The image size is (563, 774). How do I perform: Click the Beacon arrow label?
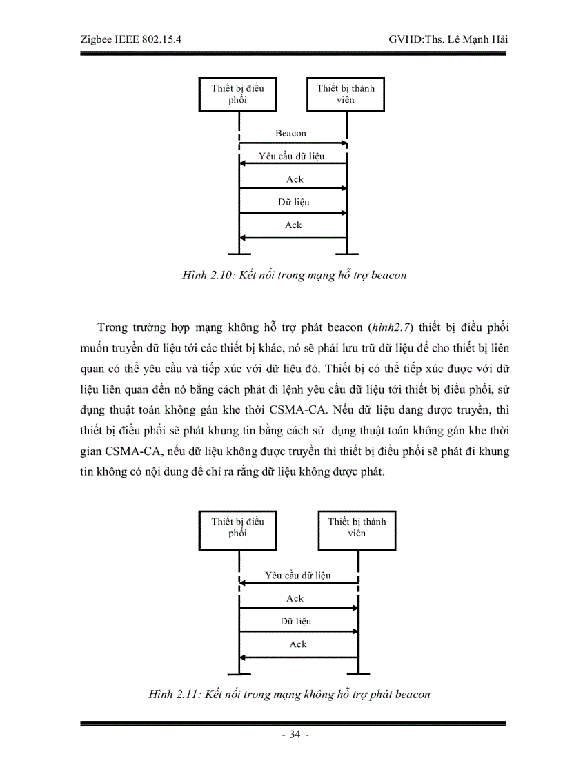click(x=290, y=133)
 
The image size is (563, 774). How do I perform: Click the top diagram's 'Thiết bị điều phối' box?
click(x=237, y=94)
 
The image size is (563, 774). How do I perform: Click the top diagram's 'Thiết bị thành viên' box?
click(x=346, y=94)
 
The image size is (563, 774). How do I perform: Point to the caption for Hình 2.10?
click(x=293, y=276)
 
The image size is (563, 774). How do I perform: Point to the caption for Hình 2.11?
click(x=289, y=694)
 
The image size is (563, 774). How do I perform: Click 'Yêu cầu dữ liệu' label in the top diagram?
click(x=292, y=156)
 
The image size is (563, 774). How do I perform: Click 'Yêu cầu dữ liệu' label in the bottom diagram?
click(x=298, y=575)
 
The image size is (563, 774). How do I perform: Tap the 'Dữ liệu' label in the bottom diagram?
click(x=295, y=621)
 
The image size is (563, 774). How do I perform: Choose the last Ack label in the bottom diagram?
click(x=297, y=644)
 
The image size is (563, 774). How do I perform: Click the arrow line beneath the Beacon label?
click(x=293, y=143)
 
